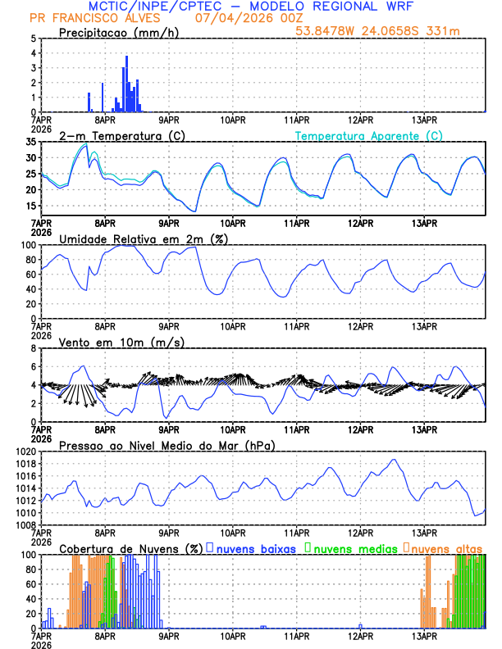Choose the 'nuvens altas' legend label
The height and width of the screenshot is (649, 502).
point(447,547)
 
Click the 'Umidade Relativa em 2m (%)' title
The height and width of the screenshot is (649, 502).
point(143,238)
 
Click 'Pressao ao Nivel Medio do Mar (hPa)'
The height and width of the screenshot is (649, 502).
point(167,445)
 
